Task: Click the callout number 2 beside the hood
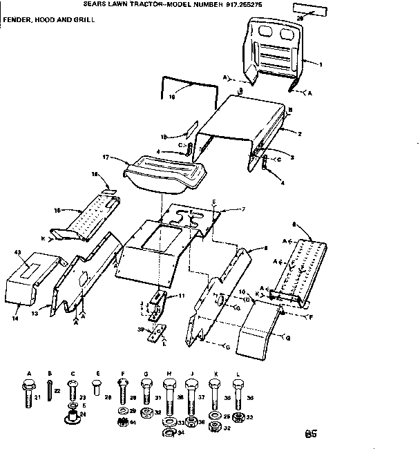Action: (300, 132)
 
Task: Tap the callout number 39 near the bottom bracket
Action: (140, 329)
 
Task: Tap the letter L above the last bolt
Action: (238, 374)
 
